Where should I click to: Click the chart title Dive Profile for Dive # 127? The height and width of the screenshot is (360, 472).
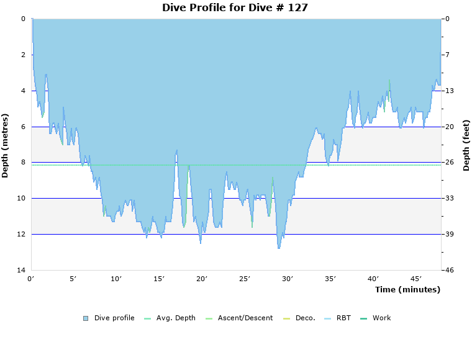235,8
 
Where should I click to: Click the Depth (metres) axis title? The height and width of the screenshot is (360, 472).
6,145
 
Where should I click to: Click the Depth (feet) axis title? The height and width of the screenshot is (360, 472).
466,145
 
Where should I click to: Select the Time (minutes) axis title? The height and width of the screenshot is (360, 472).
407,290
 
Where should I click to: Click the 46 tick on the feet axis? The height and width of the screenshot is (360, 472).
449,270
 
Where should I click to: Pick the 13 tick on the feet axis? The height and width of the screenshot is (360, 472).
449,91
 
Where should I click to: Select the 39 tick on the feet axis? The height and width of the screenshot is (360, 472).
449,235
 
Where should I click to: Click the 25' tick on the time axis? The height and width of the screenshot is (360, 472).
245,279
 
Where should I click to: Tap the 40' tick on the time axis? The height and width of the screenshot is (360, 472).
373,279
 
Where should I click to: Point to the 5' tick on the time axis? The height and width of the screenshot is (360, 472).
73,279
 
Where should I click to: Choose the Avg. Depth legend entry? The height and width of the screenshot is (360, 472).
176,318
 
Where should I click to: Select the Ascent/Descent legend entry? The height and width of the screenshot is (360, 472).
245,318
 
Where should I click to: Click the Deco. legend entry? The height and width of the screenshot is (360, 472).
305,318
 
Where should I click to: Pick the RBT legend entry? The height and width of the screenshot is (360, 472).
343,318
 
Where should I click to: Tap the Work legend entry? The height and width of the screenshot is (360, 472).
381,318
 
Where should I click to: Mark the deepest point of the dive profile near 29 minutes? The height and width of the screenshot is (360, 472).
279,248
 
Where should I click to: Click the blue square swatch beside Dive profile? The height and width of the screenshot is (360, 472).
86,318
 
